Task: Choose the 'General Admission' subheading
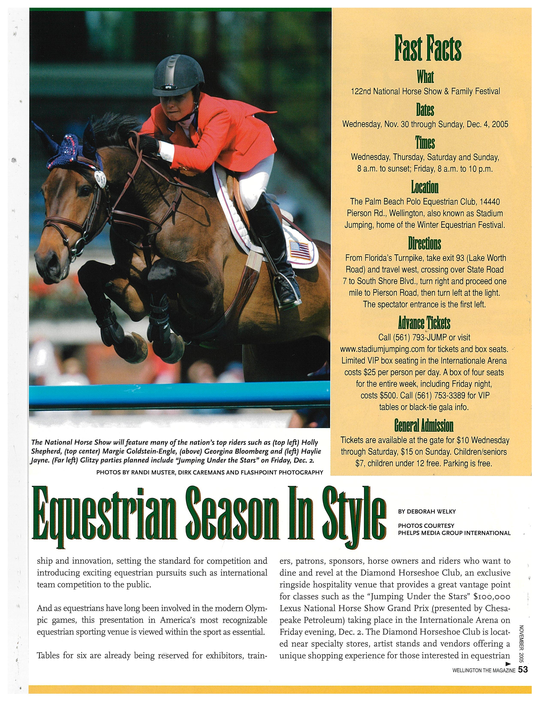pyautogui.click(x=424, y=426)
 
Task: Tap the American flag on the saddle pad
pyautogui.click(x=300, y=250)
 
